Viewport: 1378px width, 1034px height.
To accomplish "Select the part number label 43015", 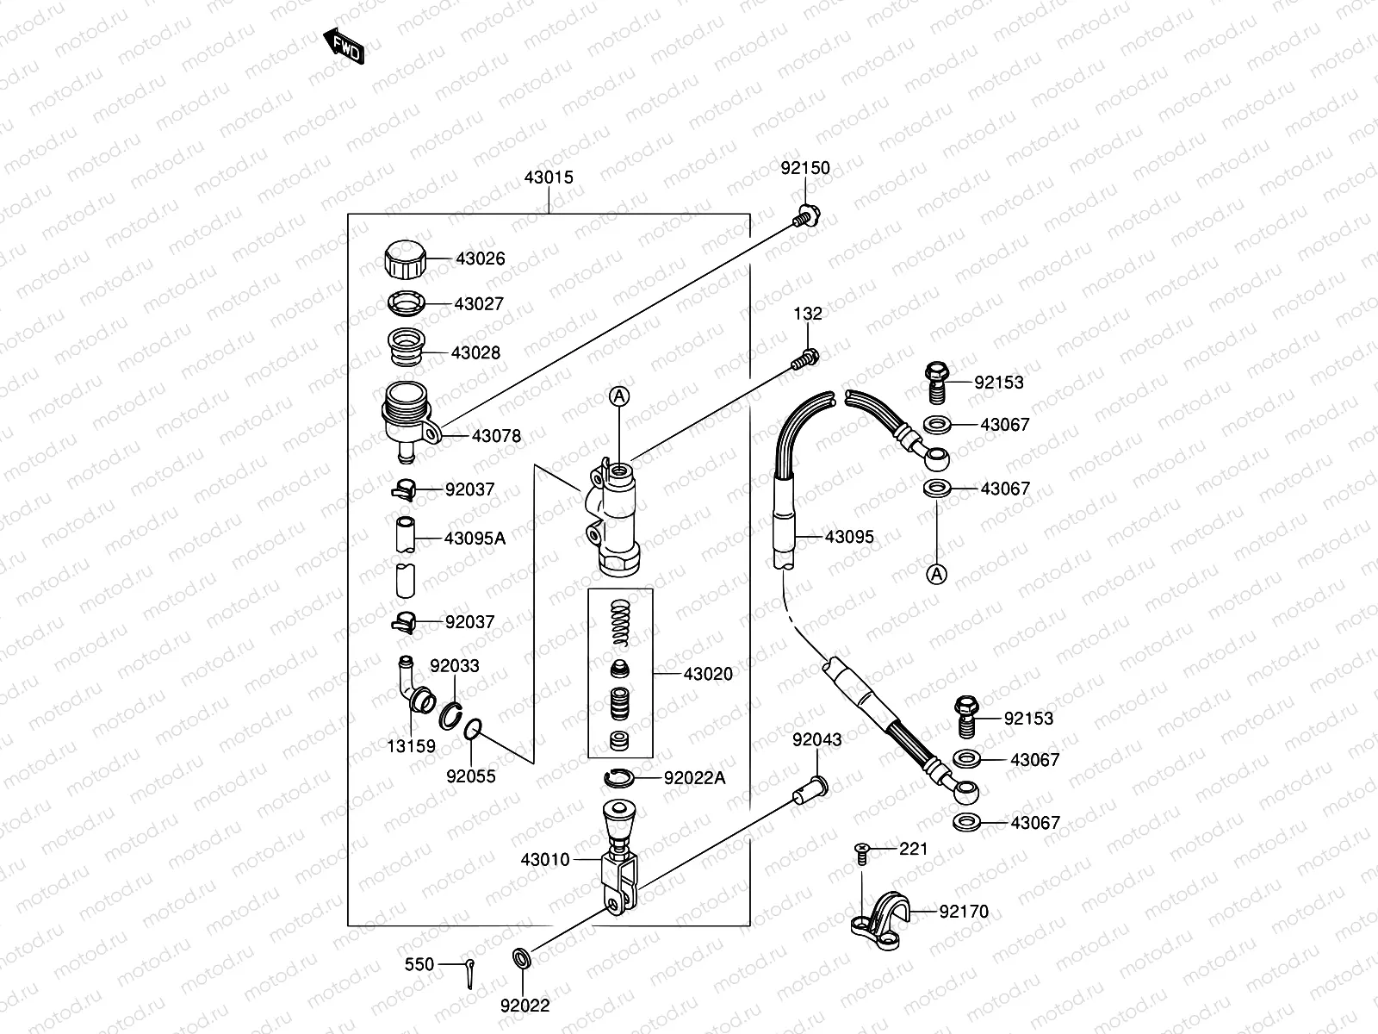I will pyautogui.click(x=549, y=178).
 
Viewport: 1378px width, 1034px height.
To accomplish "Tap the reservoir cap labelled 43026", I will pyautogui.click(x=404, y=259).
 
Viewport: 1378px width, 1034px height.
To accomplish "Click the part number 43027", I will pyautogui.click(x=479, y=304).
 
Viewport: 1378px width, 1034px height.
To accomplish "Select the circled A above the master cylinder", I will pyautogui.click(x=619, y=396).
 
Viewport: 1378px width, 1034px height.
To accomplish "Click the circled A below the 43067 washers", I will pyautogui.click(x=937, y=573).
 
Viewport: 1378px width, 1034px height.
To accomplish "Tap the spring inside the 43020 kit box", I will pyautogui.click(x=620, y=625).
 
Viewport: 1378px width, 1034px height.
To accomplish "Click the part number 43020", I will pyautogui.click(x=708, y=674).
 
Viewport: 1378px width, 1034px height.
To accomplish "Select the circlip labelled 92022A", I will pyautogui.click(x=619, y=779).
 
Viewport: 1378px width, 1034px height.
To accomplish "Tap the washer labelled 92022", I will pyautogui.click(x=522, y=958).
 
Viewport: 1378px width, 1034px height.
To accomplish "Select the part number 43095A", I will pyautogui.click(x=475, y=539).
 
